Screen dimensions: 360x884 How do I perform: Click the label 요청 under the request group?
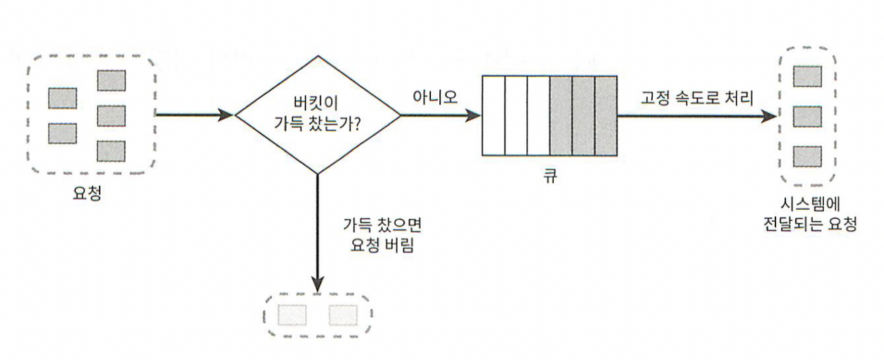87,195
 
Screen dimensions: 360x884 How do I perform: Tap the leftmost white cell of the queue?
494,115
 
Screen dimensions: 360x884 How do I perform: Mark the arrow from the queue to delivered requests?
698,116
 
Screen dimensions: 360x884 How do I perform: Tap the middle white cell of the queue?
516,115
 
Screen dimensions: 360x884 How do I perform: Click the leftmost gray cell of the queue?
561,115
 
